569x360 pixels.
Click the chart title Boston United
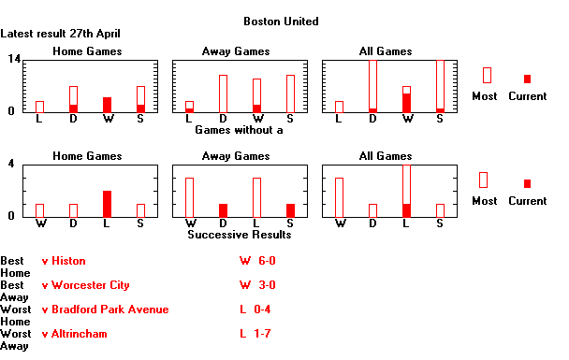coord(280,21)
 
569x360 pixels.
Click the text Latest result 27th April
coord(60,33)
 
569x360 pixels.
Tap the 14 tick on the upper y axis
coord(14,59)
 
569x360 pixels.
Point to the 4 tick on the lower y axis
coord(10,164)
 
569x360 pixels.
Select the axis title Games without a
coord(239,129)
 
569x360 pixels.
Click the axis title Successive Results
coord(239,234)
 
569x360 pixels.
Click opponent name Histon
coord(68,261)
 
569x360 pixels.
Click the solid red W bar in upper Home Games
coord(107,105)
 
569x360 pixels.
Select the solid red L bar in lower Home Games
coord(107,203)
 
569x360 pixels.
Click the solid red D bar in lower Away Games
coord(223,209)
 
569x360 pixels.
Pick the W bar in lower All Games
coord(339,196)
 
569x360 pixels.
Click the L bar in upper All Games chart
coord(339,107)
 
